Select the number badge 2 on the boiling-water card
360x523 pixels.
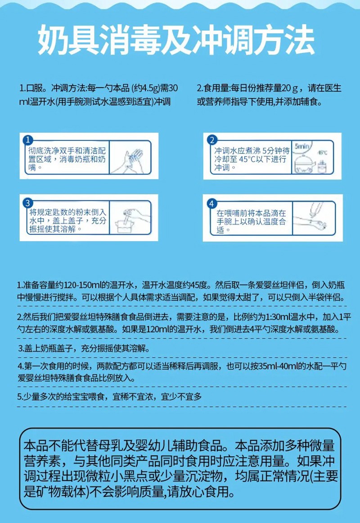(212, 140)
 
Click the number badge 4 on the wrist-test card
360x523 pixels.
(212, 204)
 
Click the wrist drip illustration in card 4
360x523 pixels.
(315, 218)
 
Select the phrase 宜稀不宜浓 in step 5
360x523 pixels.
(134, 397)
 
